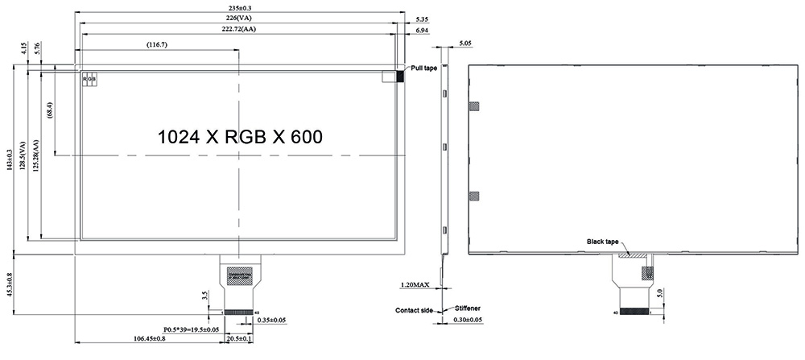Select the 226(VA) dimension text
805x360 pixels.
239,18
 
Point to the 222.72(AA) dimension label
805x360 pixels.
239,29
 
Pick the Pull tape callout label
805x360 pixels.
424,68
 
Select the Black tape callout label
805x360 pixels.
602,242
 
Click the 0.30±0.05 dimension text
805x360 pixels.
468,320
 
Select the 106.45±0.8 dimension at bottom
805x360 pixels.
143,339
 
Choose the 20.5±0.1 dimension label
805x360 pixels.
239,339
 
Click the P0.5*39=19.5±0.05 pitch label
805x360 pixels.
192,329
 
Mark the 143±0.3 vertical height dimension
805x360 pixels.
10,159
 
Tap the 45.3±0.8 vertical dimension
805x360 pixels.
10,285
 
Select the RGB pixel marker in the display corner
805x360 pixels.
89,79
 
